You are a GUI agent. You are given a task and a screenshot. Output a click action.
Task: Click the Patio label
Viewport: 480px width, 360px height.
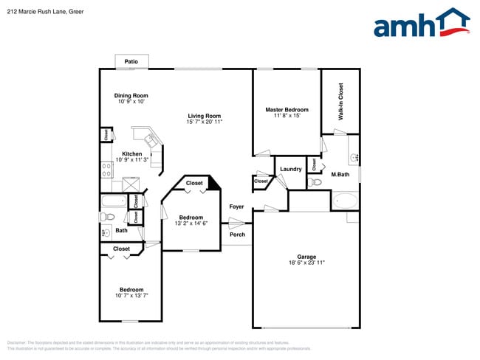(x=131, y=61)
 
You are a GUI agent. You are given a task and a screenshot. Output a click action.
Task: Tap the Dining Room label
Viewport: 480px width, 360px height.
(x=131, y=95)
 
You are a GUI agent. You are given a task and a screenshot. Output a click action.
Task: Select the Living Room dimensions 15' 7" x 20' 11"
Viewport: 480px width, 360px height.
(x=205, y=122)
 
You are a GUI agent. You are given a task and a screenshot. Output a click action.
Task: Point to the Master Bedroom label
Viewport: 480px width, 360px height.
(x=287, y=110)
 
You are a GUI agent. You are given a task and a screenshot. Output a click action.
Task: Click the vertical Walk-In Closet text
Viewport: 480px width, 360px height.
(x=340, y=102)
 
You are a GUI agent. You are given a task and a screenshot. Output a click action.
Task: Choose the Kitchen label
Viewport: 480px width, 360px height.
(x=132, y=154)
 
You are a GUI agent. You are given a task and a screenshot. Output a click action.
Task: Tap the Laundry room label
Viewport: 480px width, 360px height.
(x=291, y=169)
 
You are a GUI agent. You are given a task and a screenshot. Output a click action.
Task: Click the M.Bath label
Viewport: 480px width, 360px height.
(x=340, y=175)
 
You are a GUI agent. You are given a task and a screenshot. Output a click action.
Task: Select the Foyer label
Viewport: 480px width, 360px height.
(x=236, y=207)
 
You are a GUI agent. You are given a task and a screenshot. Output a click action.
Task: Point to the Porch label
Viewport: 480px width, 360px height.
(x=237, y=235)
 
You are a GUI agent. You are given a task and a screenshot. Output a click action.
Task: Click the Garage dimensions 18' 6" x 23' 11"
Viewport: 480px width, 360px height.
(x=306, y=263)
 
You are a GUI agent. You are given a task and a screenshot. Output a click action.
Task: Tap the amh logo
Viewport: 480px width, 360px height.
(x=421, y=24)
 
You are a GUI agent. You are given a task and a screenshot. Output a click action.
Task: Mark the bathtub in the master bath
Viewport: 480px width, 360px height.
(x=345, y=200)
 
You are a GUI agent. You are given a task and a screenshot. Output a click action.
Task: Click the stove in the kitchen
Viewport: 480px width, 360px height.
(x=106, y=171)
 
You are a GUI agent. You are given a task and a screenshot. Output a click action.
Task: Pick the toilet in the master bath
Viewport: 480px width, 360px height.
(x=315, y=182)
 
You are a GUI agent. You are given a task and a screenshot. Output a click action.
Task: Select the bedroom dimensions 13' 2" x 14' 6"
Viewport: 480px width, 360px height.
(x=191, y=224)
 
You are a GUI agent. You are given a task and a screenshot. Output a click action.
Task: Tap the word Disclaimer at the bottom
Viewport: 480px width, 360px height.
(x=16, y=342)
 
